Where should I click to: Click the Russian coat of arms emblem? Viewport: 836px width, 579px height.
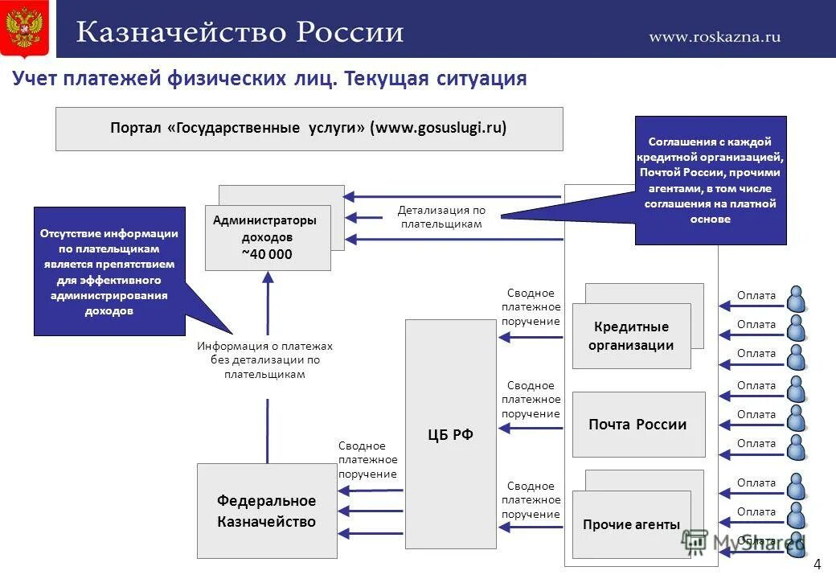(24, 29)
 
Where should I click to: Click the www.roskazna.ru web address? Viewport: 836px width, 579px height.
(714, 36)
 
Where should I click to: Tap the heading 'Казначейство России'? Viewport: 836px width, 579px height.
(240, 33)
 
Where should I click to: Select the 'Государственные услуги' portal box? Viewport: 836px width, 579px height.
(309, 129)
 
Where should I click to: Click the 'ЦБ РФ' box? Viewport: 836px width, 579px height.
(450, 434)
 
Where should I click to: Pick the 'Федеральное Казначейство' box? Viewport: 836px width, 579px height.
(267, 511)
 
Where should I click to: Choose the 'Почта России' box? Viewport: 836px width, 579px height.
(637, 425)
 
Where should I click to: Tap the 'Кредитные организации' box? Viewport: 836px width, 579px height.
(631, 336)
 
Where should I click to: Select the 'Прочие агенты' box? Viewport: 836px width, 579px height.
(631, 524)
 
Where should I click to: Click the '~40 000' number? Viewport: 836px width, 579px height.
(267, 254)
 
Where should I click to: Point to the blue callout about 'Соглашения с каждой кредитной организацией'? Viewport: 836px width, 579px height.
(711, 180)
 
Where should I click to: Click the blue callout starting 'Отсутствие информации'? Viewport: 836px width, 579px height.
(109, 271)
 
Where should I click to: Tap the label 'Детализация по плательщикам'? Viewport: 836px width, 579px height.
(441, 217)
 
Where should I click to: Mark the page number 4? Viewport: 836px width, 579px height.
(818, 564)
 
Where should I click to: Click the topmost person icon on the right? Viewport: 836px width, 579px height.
(796, 298)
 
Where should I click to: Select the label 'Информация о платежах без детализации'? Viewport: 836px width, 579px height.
(264, 359)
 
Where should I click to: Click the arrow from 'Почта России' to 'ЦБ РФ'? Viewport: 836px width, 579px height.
(531, 428)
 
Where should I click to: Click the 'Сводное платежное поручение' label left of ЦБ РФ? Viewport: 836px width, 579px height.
(367, 460)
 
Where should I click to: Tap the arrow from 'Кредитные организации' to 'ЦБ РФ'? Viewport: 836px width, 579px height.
(531, 336)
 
